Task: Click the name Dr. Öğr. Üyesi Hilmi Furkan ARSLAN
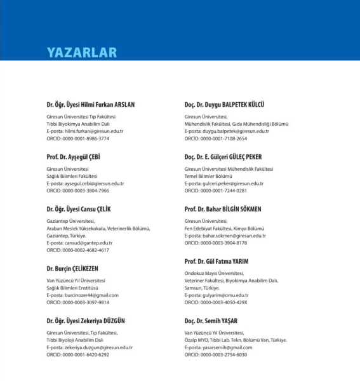coord(90,104)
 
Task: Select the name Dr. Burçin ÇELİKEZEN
coord(72,268)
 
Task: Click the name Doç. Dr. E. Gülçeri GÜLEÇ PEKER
coord(223,156)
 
